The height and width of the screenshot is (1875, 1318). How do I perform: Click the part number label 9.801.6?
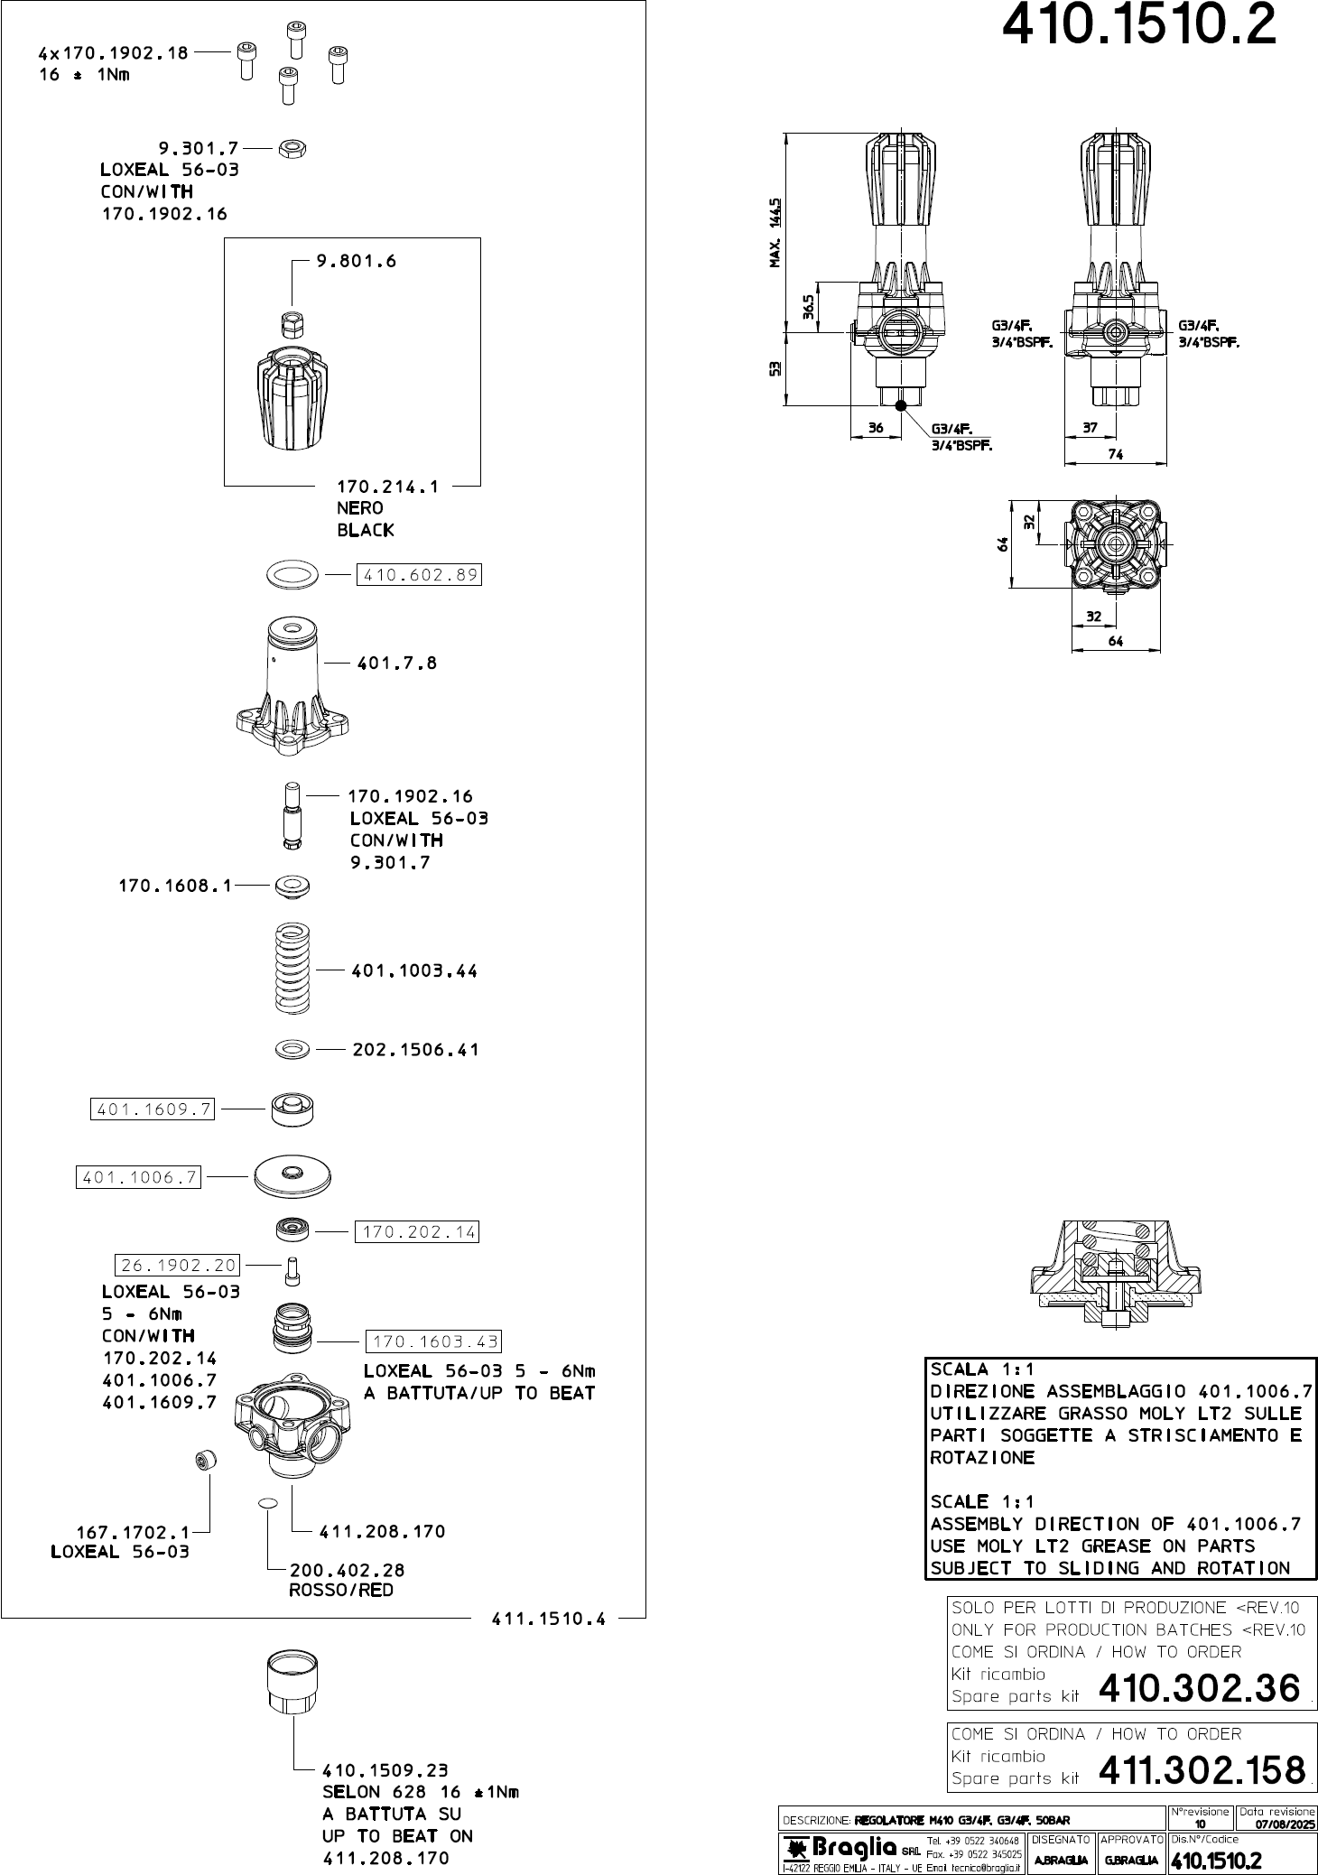tap(356, 262)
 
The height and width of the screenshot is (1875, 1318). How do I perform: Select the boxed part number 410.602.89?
tap(419, 574)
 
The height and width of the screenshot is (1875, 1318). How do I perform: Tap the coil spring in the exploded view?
tap(292, 969)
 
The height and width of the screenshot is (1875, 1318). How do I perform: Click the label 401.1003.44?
tap(413, 971)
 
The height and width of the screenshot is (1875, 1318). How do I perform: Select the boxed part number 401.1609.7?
tap(153, 1109)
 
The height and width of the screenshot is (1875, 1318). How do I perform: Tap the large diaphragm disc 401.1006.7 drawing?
tap(292, 1174)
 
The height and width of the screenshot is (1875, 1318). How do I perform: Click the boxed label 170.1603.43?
tap(432, 1341)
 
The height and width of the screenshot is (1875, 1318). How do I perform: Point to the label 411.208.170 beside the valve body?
tap(383, 1531)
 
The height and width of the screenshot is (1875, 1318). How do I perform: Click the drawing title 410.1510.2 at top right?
tap(1140, 27)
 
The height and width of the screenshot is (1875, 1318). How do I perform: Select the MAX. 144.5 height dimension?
tap(775, 233)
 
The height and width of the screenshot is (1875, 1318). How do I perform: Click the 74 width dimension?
tap(1116, 455)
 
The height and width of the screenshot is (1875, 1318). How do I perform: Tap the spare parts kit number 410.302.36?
tap(1200, 1688)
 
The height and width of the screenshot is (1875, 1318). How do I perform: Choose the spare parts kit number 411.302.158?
tap(1202, 1770)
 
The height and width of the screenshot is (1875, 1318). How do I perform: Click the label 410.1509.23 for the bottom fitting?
tap(385, 1769)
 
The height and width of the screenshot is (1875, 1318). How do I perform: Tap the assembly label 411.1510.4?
tap(548, 1619)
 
